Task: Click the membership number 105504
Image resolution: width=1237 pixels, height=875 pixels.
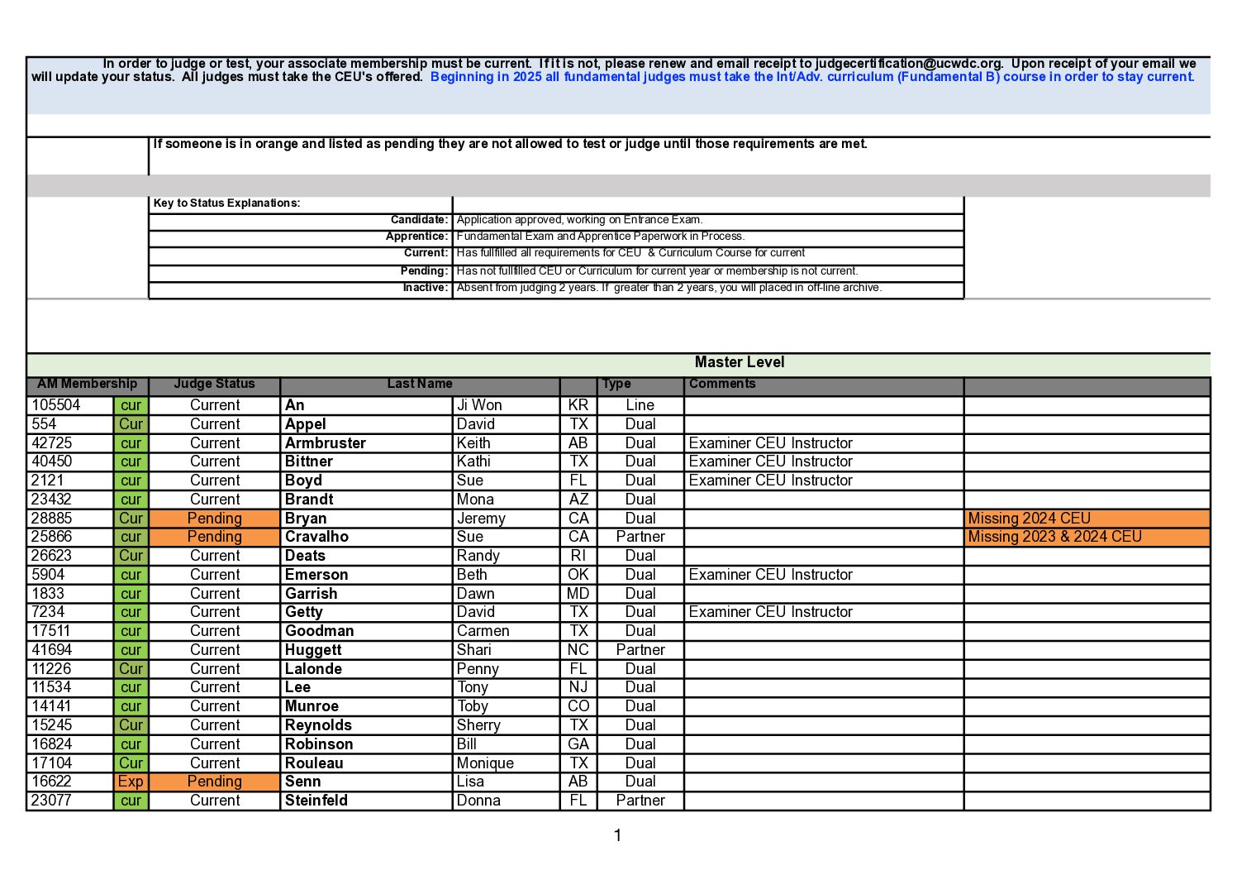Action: [56, 405]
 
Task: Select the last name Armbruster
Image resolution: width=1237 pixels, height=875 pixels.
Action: [325, 443]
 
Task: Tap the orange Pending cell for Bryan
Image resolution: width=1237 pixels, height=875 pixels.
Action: [214, 519]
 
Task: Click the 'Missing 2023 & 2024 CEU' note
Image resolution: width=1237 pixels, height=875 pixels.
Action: [1054, 537]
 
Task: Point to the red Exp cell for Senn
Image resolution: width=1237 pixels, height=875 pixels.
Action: [131, 782]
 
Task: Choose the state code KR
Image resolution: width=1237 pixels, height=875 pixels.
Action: [578, 405]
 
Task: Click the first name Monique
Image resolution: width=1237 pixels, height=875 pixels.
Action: [485, 763]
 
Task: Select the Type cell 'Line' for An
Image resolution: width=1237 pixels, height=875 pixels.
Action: [640, 405]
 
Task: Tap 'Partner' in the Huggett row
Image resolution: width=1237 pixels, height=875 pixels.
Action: [640, 650]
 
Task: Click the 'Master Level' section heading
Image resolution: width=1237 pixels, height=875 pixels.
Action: [739, 362]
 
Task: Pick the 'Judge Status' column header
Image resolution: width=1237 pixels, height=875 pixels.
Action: [214, 384]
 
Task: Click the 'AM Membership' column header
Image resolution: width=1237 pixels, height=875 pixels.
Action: [87, 384]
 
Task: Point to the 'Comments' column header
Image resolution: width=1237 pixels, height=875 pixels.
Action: [721, 384]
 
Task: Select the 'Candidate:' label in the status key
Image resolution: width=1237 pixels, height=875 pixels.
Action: [419, 220]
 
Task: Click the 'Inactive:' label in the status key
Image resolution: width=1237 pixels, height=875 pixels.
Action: [425, 288]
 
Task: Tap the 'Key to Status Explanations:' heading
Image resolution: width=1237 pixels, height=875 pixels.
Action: [226, 203]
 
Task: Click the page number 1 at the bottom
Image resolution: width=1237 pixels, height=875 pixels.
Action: [617, 835]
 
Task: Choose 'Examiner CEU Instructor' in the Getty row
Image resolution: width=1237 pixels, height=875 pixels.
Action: [770, 612]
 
